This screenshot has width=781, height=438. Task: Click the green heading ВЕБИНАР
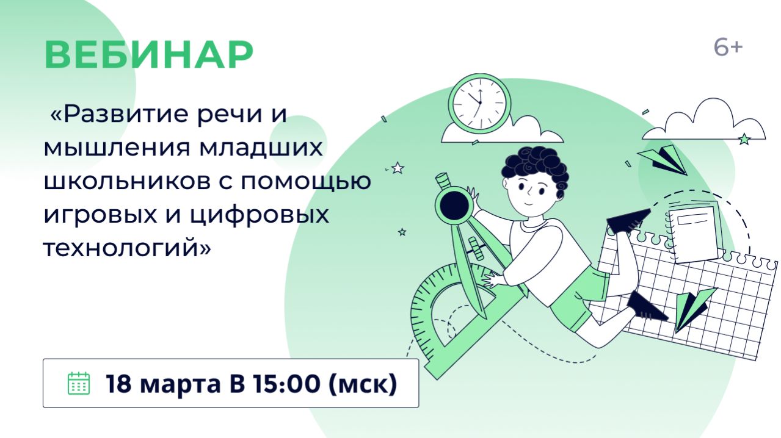148,55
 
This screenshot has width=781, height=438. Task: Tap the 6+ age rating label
728,48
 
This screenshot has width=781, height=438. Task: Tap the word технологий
122,249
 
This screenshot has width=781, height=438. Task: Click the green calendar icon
78,383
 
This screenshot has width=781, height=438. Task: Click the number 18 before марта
120,384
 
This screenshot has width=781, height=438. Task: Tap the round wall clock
479,101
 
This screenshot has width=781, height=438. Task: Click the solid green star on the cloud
744,139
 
